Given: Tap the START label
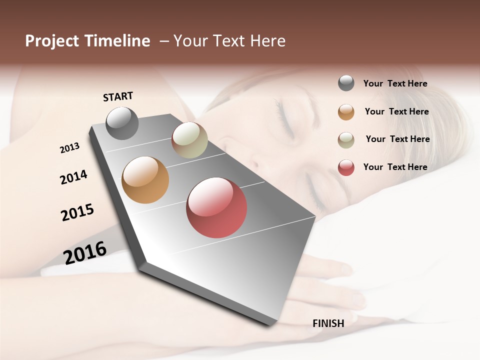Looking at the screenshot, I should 118,96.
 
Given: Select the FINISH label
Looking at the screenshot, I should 328,323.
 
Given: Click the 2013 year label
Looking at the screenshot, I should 69,148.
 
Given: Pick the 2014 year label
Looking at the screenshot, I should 73,177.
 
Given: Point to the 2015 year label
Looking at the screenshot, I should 77,212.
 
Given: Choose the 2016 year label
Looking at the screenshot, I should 85,253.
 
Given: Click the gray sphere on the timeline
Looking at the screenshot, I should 122,123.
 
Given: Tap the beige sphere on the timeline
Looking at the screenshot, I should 189,140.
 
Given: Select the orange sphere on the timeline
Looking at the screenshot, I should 145,180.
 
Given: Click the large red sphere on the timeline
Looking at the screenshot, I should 216,207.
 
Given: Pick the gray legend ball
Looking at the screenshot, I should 346,83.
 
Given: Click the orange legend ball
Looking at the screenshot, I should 346,111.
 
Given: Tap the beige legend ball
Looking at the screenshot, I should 346,139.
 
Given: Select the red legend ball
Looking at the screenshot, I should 346,167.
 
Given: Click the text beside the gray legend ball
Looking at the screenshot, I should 395,83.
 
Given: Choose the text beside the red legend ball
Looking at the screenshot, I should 395,167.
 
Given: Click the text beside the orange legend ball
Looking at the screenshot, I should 397,111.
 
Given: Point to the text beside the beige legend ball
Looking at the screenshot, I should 398,139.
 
